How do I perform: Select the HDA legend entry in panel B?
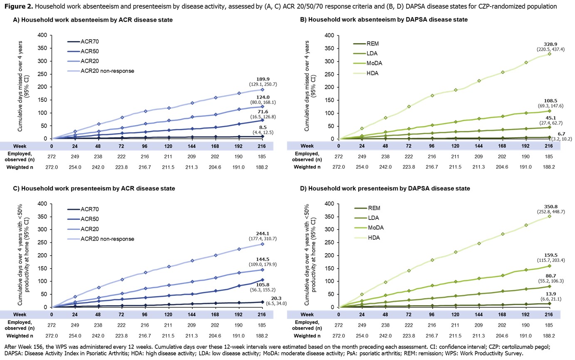click(x=372, y=73)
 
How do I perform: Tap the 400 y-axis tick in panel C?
click(x=42, y=204)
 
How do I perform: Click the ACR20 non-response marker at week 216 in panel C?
click(x=263, y=244)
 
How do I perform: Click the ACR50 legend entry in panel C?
click(x=89, y=219)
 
